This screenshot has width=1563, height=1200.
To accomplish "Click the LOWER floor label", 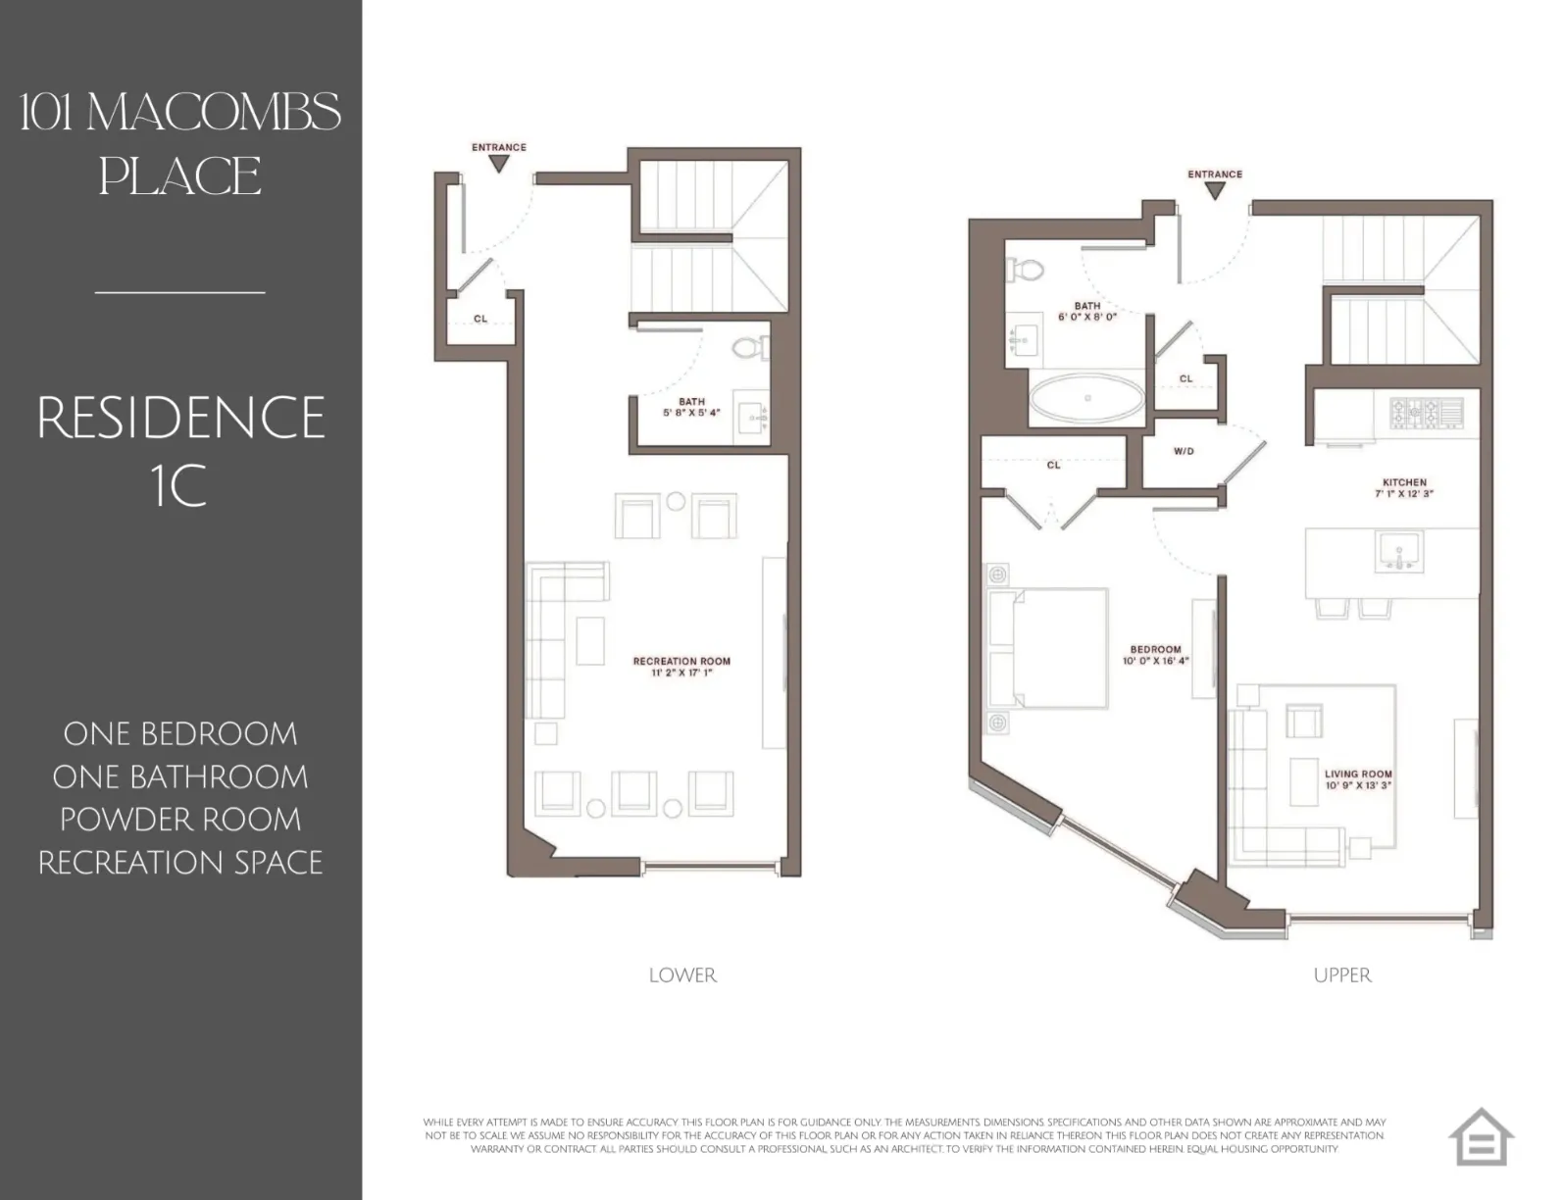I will click(682, 975).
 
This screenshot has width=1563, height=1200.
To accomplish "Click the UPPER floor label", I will click(1342, 975).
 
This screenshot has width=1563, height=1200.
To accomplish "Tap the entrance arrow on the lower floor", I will click(499, 164).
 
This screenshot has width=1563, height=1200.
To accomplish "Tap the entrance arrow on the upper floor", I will click(1215, 190).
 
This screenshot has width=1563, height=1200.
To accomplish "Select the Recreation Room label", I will click(681, 662).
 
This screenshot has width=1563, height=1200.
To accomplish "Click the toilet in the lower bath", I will click(750, 348).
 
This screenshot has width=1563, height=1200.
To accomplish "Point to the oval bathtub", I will click(1086, 399).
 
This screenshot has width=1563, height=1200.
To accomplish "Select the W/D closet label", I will click(1184, 452).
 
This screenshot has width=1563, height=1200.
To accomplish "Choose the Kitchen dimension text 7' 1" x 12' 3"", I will click(1404, 494).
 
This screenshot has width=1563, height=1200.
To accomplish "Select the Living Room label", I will click(1358, 774).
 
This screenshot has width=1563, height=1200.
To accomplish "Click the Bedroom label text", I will click(1155, 649).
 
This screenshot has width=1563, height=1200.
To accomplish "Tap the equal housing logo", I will click(1481, 1137).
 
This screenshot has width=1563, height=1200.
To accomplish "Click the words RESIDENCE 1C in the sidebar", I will click(180, 450).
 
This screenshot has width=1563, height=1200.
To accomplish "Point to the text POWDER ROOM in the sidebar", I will click(180, 820).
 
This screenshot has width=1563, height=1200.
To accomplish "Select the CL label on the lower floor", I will click(480, 319).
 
